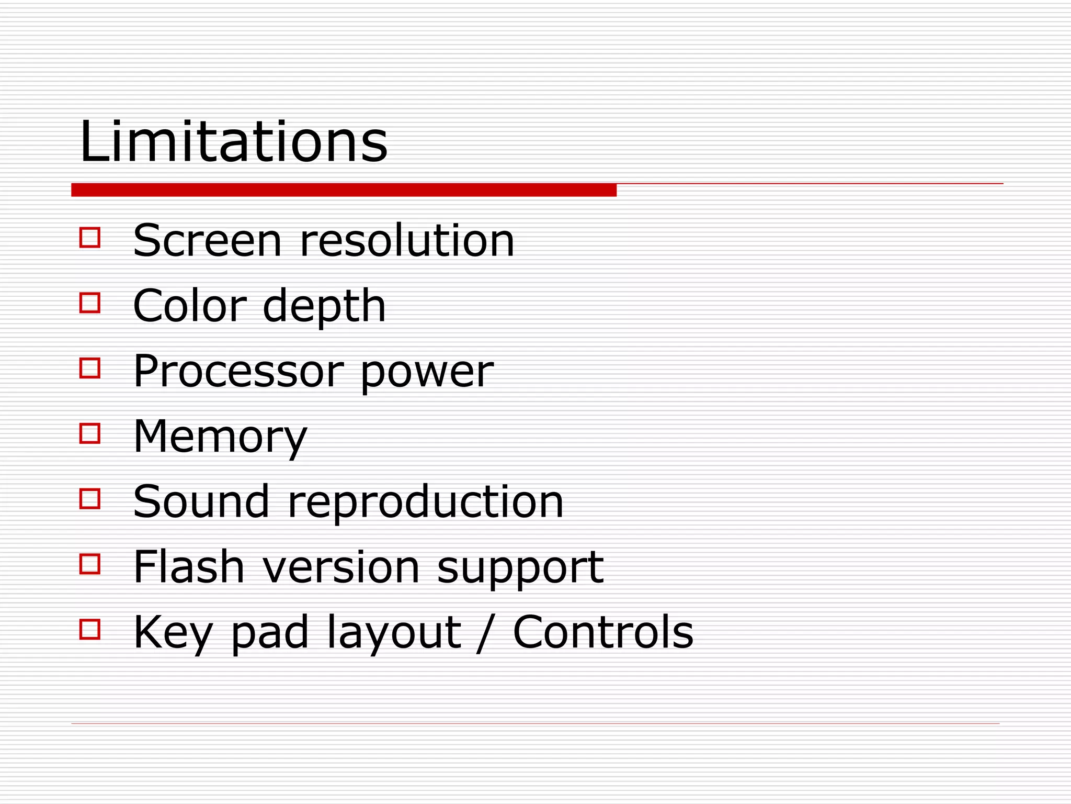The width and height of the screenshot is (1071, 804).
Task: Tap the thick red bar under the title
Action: (344, 190)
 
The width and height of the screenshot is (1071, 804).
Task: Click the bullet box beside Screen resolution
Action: (90, 237)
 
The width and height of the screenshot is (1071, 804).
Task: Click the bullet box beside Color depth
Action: (90, 303)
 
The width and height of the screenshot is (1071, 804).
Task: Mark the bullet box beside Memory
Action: (90, 433)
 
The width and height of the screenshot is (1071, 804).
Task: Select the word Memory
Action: (220, 437)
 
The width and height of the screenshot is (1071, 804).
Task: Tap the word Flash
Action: (189, 567)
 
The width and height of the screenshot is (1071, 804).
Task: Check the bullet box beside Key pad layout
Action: (90, 629)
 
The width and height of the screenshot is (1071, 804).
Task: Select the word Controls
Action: (603, 632)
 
